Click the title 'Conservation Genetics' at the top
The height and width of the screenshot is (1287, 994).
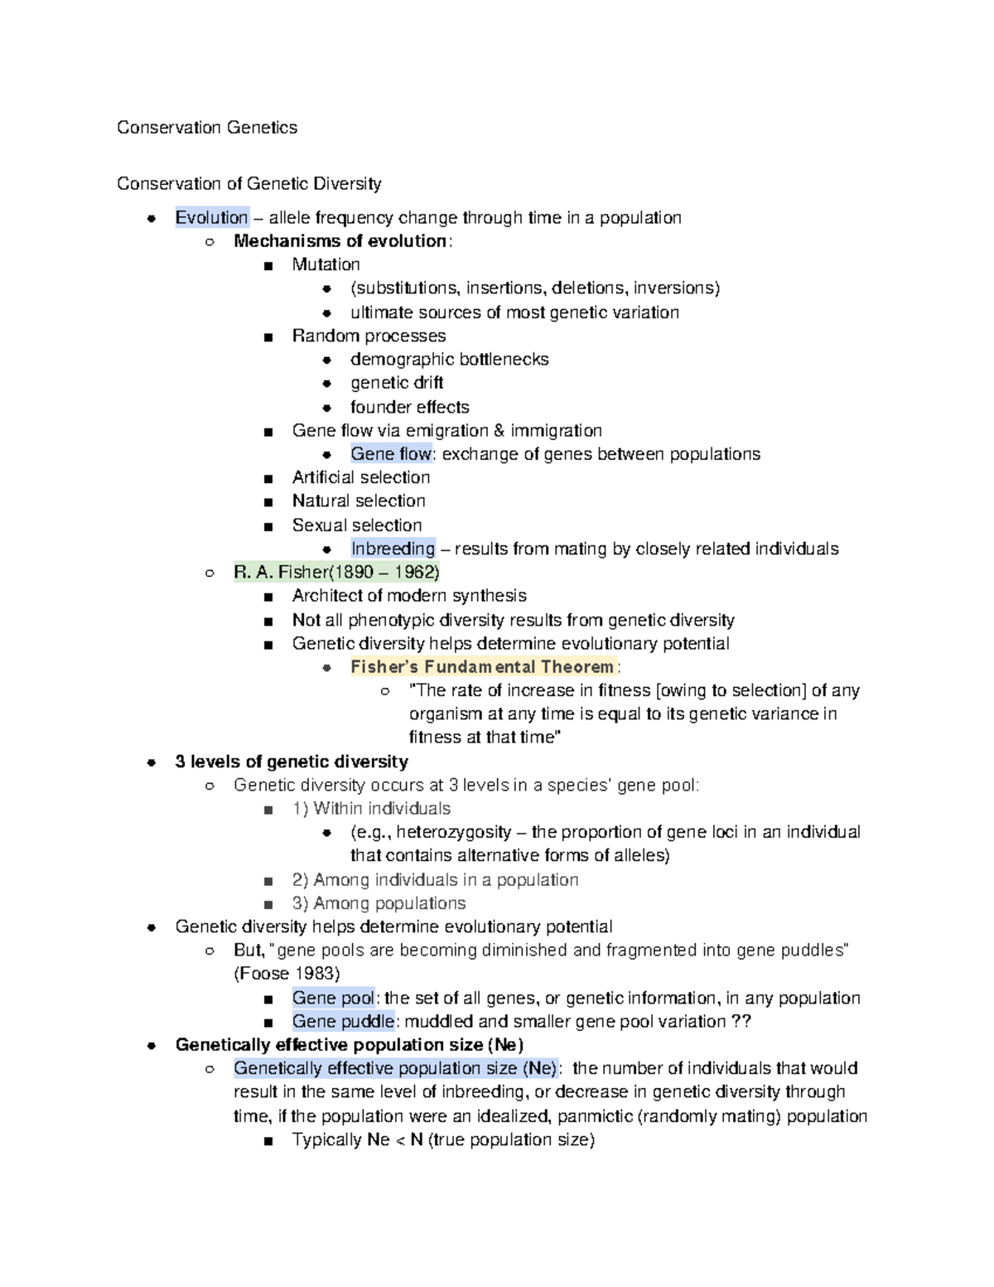[x=207, y=128]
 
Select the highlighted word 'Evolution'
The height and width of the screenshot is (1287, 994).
[x=211, y=218]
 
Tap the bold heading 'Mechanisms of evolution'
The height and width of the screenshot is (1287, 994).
[x=340, y=241]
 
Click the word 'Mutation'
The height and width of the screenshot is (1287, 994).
[x=326, y=264]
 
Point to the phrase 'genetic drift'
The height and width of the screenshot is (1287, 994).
[x=397, y=383]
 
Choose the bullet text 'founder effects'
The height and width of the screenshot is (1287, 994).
[x=409, y=407]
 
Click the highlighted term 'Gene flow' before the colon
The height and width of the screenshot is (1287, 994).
[x=391, y=454]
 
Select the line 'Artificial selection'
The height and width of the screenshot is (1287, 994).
[x=360, y=477]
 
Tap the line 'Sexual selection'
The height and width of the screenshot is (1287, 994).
[x=356, y=525]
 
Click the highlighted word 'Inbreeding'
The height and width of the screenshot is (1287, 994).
[x=393, y=549]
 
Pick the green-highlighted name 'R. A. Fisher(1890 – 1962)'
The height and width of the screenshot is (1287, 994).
[x=336, y=572]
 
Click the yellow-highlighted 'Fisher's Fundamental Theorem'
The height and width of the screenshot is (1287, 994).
[x=482, y=667]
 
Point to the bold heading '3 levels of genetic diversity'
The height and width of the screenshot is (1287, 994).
[x=292, y=762]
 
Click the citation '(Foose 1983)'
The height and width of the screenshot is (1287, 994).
[x=287, y=974]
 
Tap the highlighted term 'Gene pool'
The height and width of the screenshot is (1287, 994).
[x=333, y=998]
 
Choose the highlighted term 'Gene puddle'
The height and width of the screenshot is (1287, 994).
[x=341, y=1022]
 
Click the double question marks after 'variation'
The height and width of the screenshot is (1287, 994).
[x=741, y=1022]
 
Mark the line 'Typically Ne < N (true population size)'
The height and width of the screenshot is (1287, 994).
[x=443, y=1140]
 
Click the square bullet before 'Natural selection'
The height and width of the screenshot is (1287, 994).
[x=268, y=502]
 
